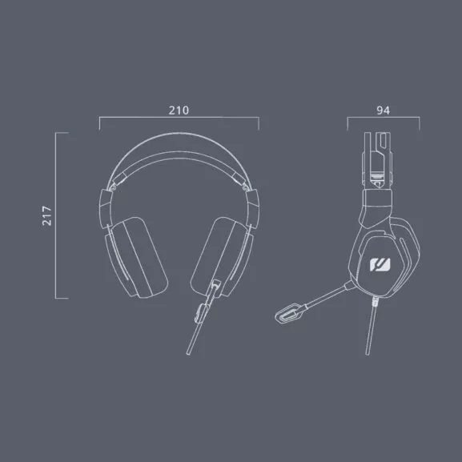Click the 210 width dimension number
tap(179, 110)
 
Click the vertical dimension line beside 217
tap(55, 215)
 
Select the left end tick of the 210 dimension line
tap(98, 123)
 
